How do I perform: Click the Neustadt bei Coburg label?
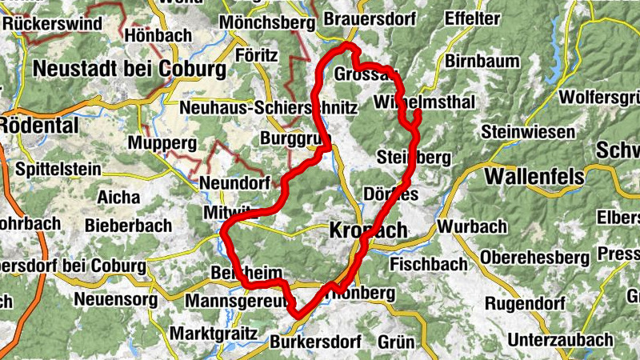point(129,70)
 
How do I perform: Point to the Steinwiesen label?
point(528,132)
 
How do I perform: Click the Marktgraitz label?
point(214,332)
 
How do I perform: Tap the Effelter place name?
point(471,18)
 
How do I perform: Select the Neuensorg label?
point(114,301)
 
